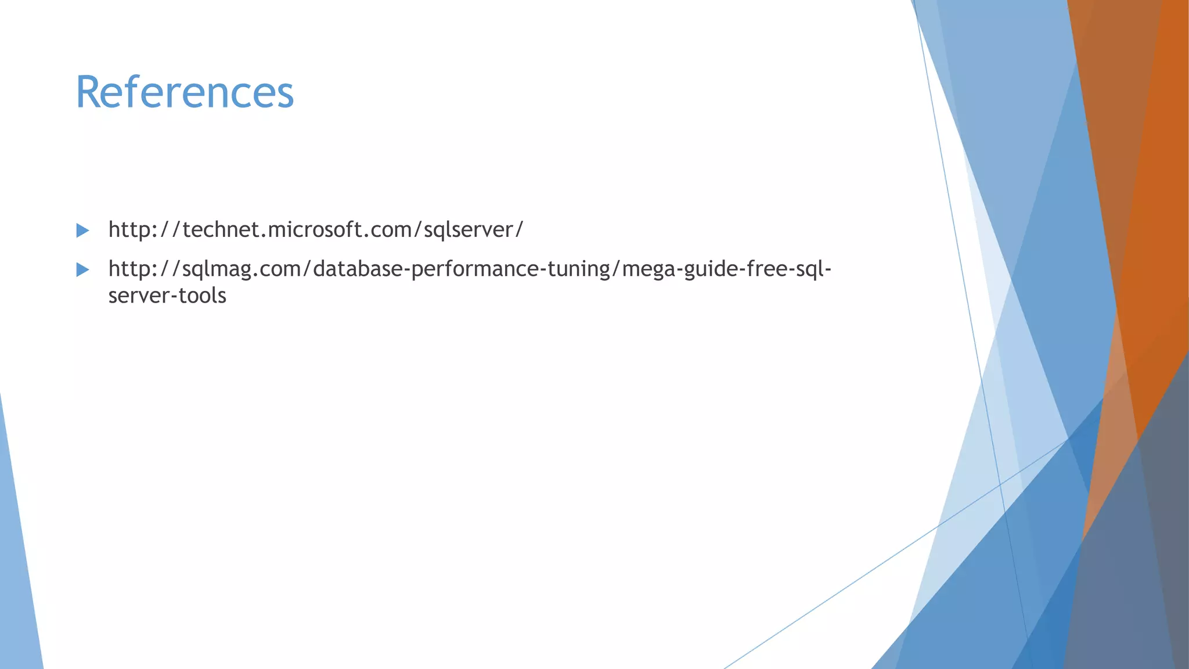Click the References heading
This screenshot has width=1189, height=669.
click(x=185, y=92)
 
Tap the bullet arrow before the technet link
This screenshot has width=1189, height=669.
click(x=82, y=231)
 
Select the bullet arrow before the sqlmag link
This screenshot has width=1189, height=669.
click(x=82, y=269)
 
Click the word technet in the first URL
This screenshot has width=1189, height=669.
click(x=221, y=230)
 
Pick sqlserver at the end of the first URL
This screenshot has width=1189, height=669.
click(x=469, y=230)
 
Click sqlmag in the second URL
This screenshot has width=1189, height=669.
click(x=215, y=269)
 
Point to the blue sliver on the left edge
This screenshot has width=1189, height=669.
click(x=17, y=581)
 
